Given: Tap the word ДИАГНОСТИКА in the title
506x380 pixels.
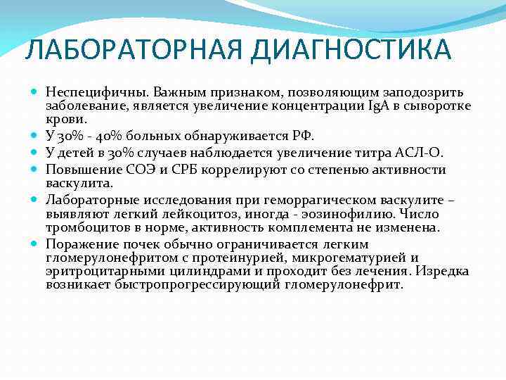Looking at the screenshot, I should point(351,50).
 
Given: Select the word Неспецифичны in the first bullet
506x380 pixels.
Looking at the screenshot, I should point(89,92).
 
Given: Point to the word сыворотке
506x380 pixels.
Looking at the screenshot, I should point(439,106).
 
